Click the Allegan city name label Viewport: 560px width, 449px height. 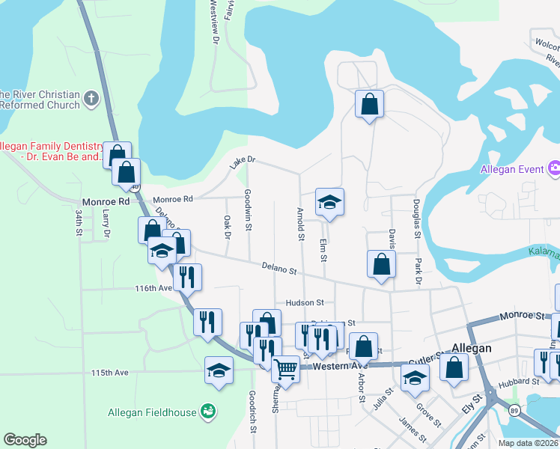pyautogui.click(x=472, y=348)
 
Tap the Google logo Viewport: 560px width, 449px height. pyautogui.click(x=25, y=440)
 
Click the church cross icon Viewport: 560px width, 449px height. pyautogui.click(x=91, y=98)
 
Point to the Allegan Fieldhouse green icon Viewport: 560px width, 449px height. pyautogui.click(x=207, y=412)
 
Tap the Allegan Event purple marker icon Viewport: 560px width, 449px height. pyautogui.click(x=554, y=169)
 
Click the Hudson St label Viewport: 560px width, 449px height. pyautogui.click(x=304, y=303)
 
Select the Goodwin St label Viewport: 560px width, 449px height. pyautogui.click(x=248, y=204)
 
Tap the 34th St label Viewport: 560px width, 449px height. pyautogui.click(x=78, y=223)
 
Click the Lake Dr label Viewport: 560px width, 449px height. pyautogui.click(x=243, y=162)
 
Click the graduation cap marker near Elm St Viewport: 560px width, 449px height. pyautogui.click(x=329, y=202)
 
